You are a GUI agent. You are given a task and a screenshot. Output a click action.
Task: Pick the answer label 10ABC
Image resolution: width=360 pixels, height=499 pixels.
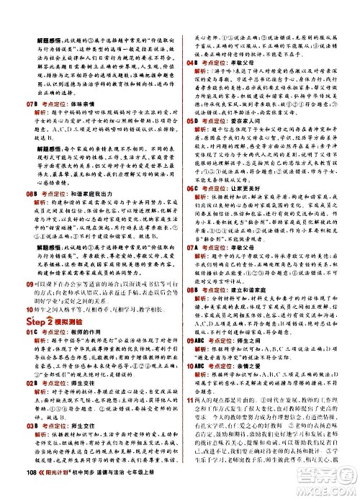pos(195,344)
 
